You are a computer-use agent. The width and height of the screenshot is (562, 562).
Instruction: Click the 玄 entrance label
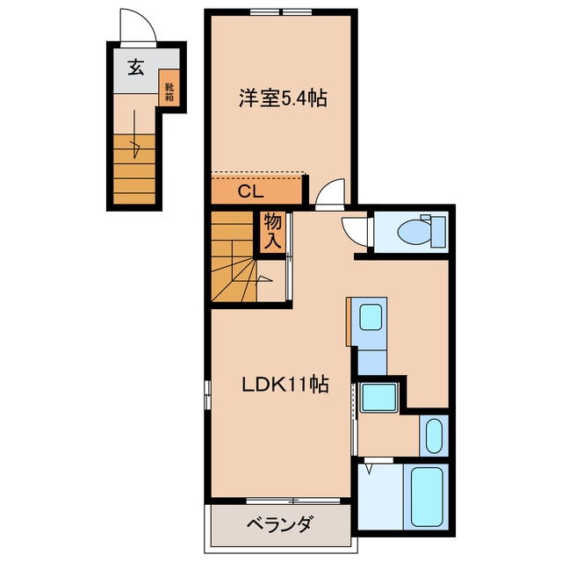pos(136,68)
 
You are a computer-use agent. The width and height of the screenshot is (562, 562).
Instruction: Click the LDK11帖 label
pos(285,385)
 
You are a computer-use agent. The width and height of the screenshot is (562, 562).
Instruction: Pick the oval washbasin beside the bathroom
pos(432,435)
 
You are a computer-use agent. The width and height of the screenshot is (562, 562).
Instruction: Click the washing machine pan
pos(380,400)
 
